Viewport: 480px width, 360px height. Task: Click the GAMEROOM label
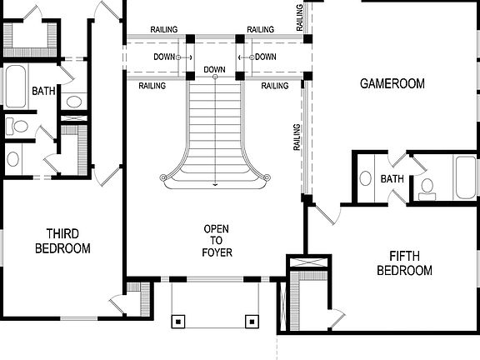(392, 83)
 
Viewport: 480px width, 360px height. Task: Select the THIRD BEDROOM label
(62, 241)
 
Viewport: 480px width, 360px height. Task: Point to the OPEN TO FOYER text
(217, 241)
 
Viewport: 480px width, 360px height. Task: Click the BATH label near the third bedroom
(42, 91)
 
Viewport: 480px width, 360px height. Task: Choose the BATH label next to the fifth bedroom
(392, 179)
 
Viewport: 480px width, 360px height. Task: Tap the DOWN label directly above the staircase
(214, 69)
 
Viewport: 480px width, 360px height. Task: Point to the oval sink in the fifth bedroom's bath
(365, 178)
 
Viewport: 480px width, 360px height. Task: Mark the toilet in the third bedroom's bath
(17, 127)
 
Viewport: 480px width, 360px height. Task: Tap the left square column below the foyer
(177, 320)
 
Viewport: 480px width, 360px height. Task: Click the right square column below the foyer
(251, 320)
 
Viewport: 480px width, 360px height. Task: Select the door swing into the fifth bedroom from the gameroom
(327, 213)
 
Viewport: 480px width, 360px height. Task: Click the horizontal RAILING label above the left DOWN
(163, 30)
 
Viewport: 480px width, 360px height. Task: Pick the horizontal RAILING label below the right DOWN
(275, 86)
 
